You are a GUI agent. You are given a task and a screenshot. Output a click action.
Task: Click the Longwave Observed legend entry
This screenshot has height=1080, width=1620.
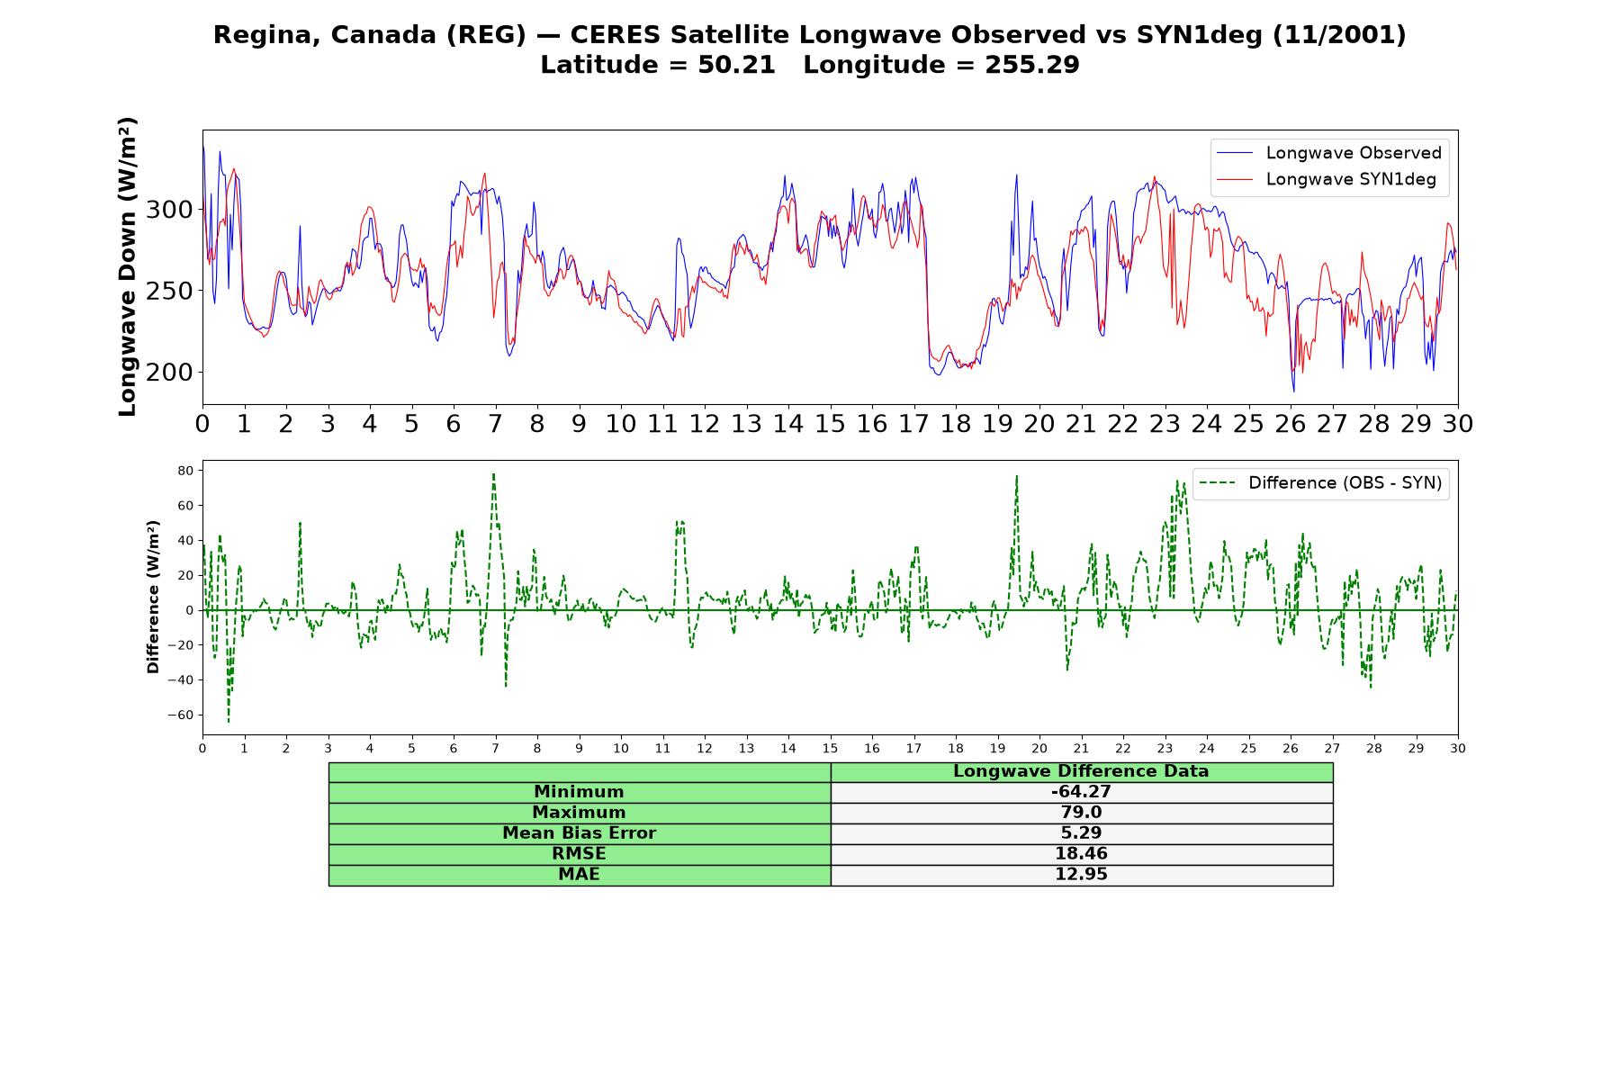point(1327,153)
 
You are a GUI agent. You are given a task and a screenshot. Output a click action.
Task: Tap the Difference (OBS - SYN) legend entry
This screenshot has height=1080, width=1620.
point(1320,483)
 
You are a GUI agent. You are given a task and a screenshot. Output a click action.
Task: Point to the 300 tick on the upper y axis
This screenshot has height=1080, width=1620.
point(169,210)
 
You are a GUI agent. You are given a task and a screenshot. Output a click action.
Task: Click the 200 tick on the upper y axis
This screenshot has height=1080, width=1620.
point(169,372)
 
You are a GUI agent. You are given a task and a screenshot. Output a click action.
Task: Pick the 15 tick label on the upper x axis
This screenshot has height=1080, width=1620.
point(830,423)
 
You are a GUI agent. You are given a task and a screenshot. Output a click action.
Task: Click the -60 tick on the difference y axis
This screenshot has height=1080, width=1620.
point(180,715)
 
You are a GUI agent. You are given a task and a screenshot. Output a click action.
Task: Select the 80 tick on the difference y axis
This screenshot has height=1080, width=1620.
point(186,471)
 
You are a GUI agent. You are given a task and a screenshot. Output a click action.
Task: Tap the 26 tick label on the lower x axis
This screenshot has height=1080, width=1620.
point(1291,748)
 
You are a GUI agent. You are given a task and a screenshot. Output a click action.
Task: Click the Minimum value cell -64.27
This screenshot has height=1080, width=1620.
point(1081,792)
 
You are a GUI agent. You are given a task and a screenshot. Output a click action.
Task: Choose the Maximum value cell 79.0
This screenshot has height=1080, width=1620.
point(1081,813)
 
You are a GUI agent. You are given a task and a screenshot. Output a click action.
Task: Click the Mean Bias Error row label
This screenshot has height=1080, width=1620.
point(579,833)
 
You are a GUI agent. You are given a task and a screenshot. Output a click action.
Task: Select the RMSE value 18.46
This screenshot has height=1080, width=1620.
point(1081,854)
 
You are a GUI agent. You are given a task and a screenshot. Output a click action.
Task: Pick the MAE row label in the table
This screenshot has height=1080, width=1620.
point(579,875)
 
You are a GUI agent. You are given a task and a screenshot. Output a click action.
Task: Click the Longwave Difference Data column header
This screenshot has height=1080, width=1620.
point(1081,771)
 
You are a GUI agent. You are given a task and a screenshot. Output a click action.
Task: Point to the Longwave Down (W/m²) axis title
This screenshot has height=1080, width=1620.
point(127,266)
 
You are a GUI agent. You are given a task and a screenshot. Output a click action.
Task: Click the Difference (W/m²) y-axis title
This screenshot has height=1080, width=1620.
point(153,597)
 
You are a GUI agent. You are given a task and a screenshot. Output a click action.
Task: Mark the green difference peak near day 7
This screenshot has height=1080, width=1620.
point(493,474)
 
